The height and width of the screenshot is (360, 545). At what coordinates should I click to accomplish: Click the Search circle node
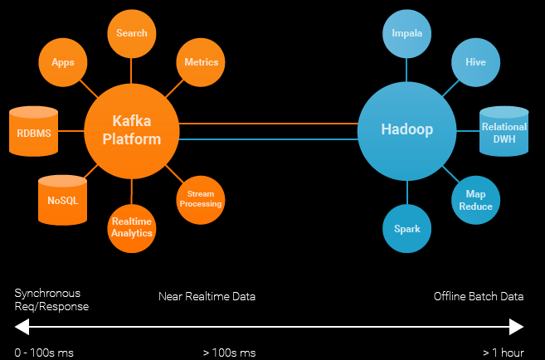(132, 34)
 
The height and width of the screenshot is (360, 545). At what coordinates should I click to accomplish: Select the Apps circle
(63, 62)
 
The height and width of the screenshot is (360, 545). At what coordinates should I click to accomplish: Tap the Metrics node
(201, 62)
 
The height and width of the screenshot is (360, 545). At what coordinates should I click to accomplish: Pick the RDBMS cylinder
(33, 131)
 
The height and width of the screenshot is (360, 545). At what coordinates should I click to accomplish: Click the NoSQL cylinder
(62, 200)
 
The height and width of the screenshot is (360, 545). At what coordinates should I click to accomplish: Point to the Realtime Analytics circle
(132, 228)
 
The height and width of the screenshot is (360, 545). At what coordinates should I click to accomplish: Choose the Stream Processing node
(201, 200)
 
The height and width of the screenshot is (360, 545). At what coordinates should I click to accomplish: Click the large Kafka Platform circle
(132, 131)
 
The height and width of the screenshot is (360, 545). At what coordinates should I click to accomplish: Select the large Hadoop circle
(406, 131)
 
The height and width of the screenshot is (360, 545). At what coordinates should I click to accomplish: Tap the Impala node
(406, 34)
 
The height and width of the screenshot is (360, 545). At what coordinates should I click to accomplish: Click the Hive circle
(475, 62)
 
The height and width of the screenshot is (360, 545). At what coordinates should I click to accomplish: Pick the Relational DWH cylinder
(504, 131)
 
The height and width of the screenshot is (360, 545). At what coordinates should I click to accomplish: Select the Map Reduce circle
(475, 200)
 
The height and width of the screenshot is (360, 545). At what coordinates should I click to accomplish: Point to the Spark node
(406, 228)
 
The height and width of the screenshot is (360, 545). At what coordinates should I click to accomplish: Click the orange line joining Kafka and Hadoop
(268, 124)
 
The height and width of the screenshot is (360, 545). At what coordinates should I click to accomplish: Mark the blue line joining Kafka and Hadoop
(268, 139)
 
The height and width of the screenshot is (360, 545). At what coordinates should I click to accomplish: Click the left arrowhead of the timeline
(22, 327)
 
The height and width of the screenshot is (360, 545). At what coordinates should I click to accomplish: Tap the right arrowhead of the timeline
(517, 327)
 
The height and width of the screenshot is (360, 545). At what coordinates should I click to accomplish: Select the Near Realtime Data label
(207, 296)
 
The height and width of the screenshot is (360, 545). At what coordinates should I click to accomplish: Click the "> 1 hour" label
(504, 353)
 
